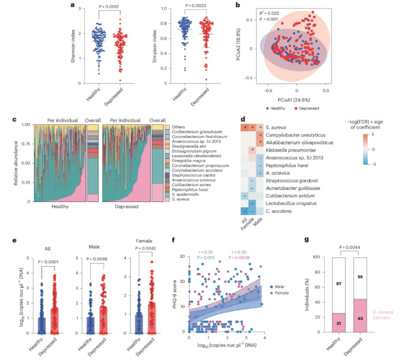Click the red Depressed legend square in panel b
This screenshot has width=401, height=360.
tap(313, 109)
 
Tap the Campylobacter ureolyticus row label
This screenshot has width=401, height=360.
tap(293, 134)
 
